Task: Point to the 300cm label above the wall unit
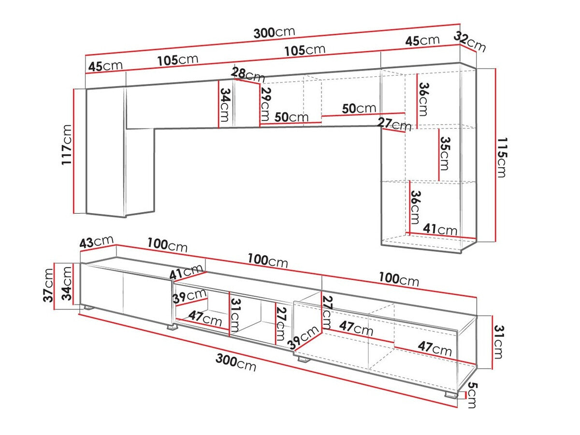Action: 274,33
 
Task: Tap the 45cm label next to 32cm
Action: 422,41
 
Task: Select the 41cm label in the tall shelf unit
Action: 440,230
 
